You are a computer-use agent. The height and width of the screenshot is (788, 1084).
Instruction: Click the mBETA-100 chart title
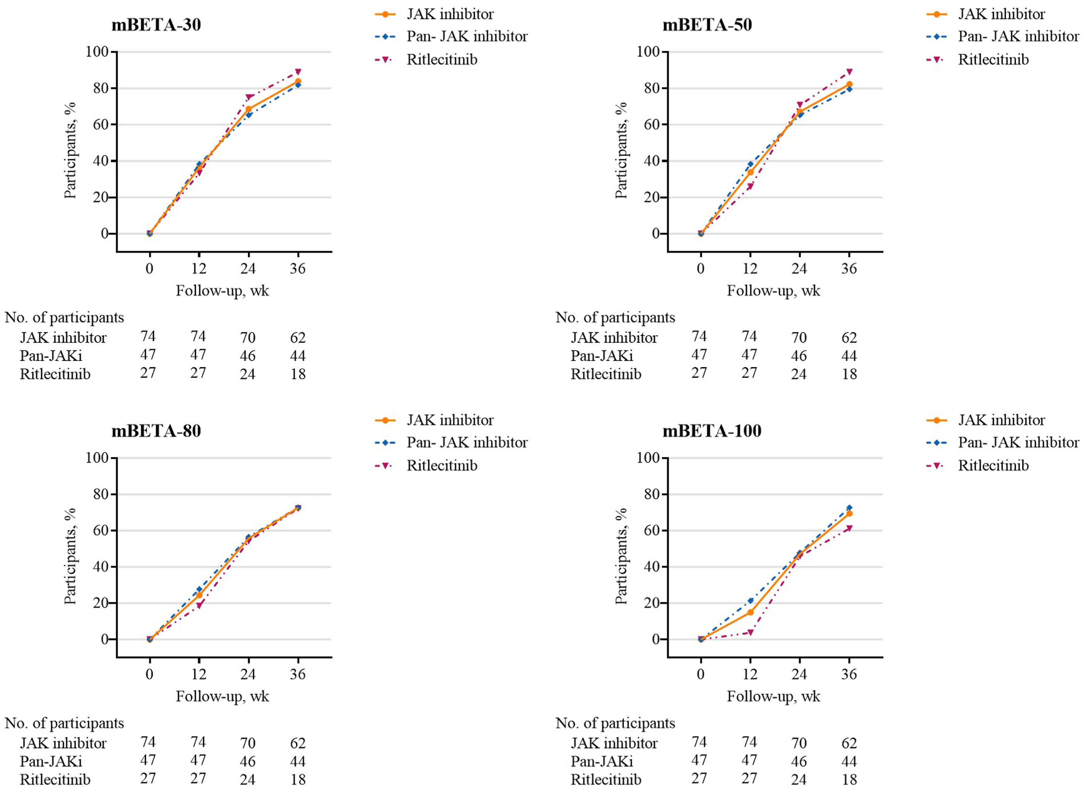coord(712,431)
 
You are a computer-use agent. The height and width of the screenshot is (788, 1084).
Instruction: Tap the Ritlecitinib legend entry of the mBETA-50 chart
coord(993,60)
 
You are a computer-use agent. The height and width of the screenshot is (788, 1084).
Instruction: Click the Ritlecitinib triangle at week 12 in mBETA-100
coord(750,632)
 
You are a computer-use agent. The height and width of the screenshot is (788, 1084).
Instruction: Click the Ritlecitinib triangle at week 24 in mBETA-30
coord(248,97)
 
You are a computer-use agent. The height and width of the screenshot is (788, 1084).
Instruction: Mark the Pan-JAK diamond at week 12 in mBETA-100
coord(750,601)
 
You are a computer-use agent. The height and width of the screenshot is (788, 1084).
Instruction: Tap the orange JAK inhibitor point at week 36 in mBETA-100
coord(849,513)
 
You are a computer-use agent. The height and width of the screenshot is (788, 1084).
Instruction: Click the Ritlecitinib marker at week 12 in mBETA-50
coord(750,186)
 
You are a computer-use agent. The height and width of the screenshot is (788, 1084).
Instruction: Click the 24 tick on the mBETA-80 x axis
coord(248,674)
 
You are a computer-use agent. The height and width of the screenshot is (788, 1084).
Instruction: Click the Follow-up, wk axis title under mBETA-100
coord(773,696)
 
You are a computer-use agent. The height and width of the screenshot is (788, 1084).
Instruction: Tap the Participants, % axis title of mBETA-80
coord(70,556)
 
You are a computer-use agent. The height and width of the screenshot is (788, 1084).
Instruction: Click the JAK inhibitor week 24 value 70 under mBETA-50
coord(799,338)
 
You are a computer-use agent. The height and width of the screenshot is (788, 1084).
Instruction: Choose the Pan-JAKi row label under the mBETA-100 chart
coord(601,761)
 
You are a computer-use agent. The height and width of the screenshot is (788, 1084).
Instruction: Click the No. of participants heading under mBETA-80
coord(65,723)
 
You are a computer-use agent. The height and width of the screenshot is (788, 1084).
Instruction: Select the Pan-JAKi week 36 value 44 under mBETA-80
coord(298,761)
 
